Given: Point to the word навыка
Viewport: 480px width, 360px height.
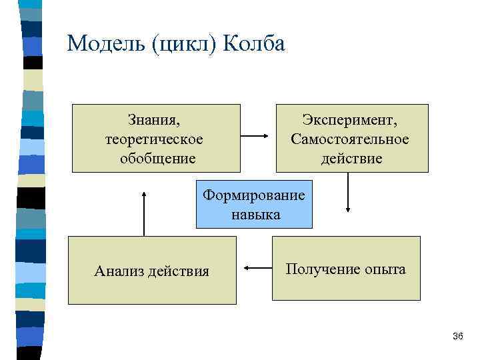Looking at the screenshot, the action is [256, 214].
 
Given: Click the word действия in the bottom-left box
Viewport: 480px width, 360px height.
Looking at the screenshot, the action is [178, 271].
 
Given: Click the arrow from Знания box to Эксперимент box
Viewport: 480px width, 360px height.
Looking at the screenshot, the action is [254, 137].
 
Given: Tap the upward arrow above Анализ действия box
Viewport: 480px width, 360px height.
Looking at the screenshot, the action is [143, 211].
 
